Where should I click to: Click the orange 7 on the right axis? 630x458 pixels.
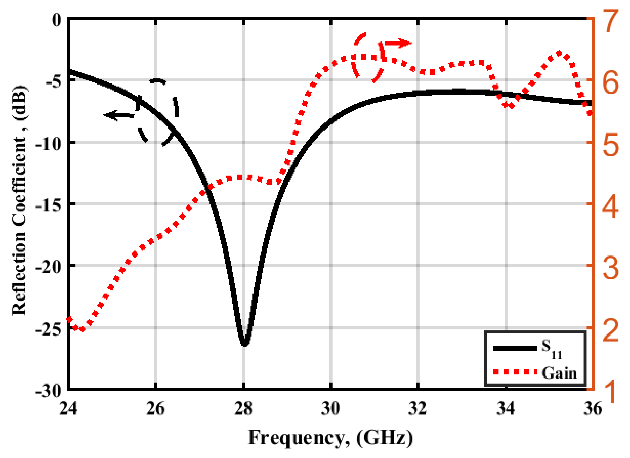click(610, 21)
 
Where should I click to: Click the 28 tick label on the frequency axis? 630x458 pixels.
click(244, 409)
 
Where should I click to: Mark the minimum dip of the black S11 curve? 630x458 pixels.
click(245, 343)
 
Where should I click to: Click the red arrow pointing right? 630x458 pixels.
click(398, 43)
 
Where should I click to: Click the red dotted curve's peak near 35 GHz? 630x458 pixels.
click(559, 53)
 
